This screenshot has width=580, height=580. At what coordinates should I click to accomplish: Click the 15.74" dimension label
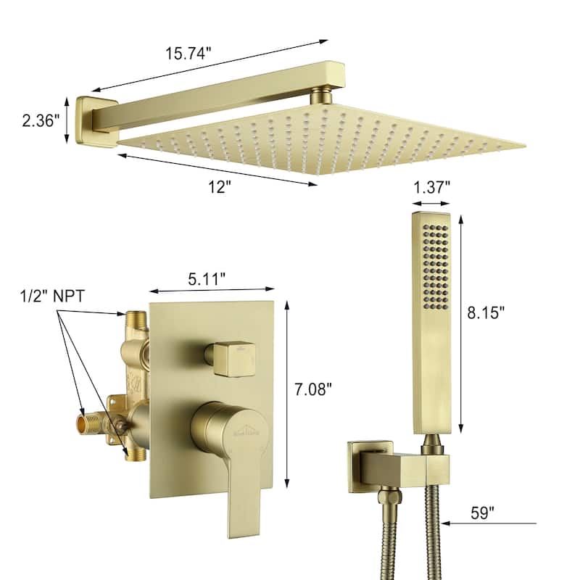tap(188, 53)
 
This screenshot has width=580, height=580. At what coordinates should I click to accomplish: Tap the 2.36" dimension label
tap(41, 120)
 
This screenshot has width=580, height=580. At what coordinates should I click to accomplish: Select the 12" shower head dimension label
tap(220, 187)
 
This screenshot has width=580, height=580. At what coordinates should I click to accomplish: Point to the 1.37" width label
tap(431, 187)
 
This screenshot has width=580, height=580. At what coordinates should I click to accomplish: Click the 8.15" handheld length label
tap(486, 312)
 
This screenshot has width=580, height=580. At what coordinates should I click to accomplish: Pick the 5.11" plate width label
tap(207, 279)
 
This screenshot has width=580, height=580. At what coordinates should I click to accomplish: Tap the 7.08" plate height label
tap(313, 389)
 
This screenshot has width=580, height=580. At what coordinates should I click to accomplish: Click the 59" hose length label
tap(482, 513)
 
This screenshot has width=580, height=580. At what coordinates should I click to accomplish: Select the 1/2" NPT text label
tap(52, 297)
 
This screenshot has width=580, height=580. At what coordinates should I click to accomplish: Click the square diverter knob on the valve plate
tap(231, 358)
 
